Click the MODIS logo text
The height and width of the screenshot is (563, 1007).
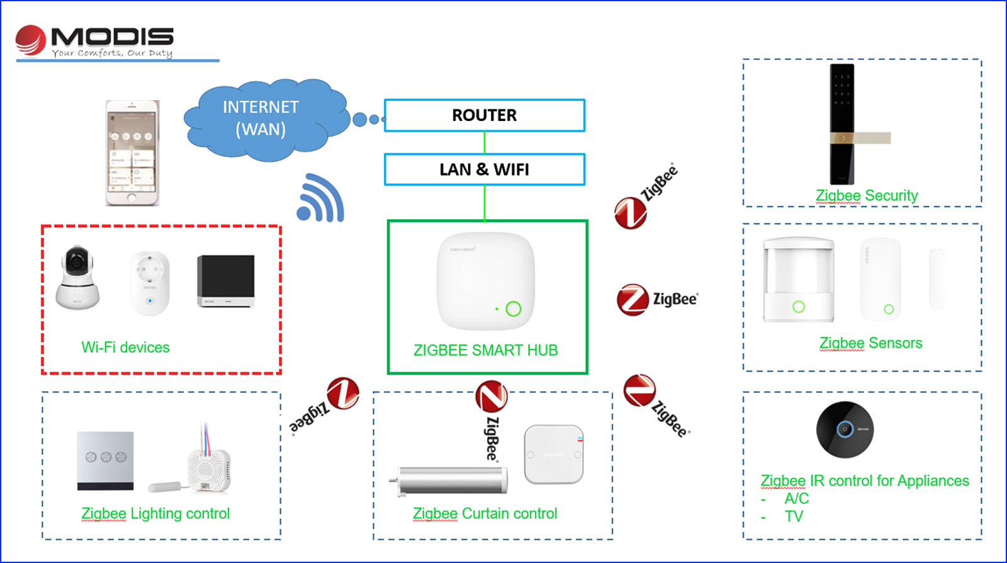click(111, 37)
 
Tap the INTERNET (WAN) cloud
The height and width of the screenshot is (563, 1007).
click(261, 118)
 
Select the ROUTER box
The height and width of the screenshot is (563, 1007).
click(485, 115)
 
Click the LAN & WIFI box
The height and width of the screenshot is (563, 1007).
click(485, 169)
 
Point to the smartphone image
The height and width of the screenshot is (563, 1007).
click(132, 153)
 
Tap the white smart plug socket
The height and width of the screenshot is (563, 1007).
click(150, 283)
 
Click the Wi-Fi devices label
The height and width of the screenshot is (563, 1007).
click(125, 348)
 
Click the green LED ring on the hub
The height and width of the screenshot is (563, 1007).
click(514, 309)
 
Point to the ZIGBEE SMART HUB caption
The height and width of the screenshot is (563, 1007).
click(485, 350)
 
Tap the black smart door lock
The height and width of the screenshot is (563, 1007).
click(843, 124)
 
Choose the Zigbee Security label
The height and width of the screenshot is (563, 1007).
click(867, 196)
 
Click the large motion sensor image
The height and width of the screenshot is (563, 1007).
click(798, 280)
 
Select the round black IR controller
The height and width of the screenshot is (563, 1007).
click(845, 429)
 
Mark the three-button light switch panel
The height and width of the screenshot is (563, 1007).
click(105, 460)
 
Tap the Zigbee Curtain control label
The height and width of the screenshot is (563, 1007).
click(485, 514)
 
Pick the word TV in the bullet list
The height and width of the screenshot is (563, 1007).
click(794, 516)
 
